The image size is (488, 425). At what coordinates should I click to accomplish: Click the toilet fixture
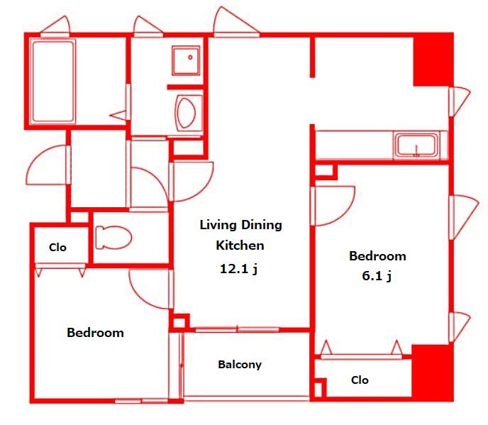[x=113, y=237]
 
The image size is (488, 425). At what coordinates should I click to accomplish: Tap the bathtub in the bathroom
[x=53, y=82]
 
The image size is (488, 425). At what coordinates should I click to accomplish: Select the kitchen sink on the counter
[x=416, y=145]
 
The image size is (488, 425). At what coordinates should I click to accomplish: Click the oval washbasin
[x=186, y=112]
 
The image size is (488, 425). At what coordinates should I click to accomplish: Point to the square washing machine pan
[x=186, y=61]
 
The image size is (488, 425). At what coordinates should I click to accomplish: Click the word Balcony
[x=240, y=365]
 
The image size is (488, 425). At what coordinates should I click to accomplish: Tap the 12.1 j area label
[x=238, y=269]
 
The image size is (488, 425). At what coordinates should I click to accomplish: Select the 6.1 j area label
[x=377, y=276]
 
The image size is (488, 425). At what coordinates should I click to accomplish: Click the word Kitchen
[x=240, y=245]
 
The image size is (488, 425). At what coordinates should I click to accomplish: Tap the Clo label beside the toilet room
[x=57, y=248]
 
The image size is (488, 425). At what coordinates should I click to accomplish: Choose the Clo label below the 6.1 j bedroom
[x=360, y=380]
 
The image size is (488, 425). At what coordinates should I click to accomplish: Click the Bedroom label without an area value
[x=95, y=333]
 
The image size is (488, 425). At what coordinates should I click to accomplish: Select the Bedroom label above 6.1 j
[x=377, y=256]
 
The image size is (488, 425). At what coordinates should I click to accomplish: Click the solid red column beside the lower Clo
[x=432, y=372]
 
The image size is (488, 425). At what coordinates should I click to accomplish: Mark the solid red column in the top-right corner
[x=433, y=59]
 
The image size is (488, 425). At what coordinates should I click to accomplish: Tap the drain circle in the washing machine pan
[x=190, y=57]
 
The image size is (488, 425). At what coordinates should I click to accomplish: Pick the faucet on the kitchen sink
[x=417, y=151]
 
